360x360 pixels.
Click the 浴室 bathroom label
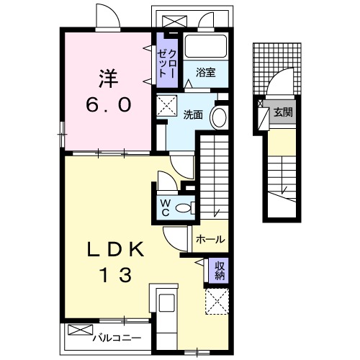click(x=206, y=71)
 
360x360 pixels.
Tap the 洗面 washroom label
click(x=192, y=114)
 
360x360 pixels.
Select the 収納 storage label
click(x=220, y=271)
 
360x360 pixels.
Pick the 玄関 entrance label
click(x=282, y=112)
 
